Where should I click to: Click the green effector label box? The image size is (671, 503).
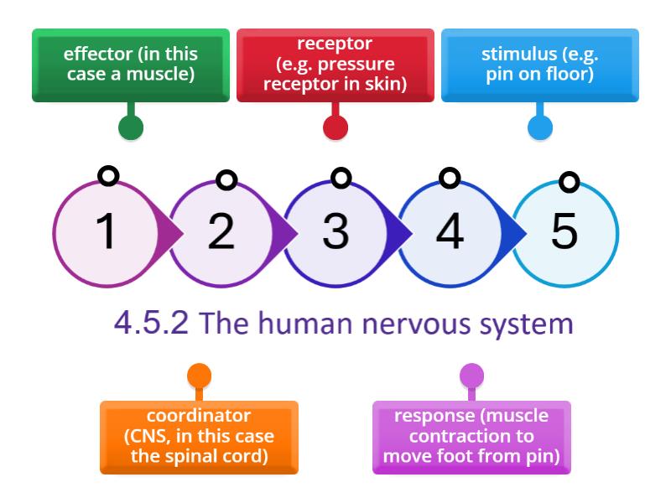click(130, 65)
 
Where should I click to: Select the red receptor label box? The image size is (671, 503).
click(335, 65)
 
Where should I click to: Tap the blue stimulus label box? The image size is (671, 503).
click(539, 65)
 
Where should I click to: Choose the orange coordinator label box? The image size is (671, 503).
click(199, 437)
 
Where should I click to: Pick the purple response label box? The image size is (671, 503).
click(471, 437)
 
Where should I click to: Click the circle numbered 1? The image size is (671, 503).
click(107, 231)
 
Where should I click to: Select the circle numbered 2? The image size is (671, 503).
click(221, 231)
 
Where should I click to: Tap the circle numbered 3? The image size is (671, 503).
click(335, 231)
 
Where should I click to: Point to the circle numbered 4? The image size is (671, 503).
click(450, 231)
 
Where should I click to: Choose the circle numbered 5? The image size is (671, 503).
click(564, 231)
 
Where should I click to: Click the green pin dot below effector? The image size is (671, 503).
click(130, 127)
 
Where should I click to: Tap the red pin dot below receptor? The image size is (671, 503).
click(335, 127)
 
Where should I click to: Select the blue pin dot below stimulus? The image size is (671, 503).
click(539, 127)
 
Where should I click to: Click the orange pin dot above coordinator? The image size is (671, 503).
click(199, 375)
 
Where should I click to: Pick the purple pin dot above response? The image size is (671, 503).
click(471, 375)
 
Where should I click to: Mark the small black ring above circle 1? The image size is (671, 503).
click(107, 175)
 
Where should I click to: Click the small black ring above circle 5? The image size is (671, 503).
click(570, 181)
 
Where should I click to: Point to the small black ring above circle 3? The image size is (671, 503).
click(341, 177)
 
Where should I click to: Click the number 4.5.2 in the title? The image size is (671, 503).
click(151, 324)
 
